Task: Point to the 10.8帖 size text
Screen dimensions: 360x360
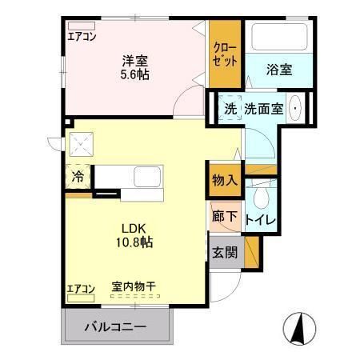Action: pos(133,241)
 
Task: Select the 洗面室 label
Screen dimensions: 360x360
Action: pos(263,109)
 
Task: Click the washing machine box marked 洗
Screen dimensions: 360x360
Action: pos(230,109)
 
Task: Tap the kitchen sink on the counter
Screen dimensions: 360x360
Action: pos(147,177)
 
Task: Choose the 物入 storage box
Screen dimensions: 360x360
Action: pos(225,179)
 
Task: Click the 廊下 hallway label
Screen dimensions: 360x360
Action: pos(225,215)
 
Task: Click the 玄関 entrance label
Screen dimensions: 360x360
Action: pos(225,252)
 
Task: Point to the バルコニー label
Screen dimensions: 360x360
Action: pos(117,327)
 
